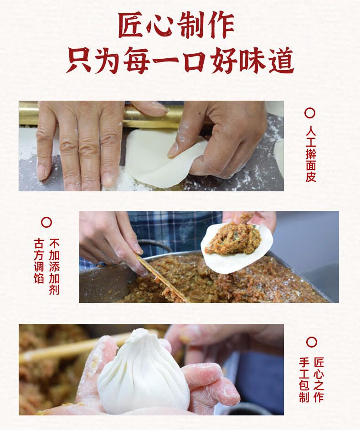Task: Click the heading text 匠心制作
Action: [x=176, y=25]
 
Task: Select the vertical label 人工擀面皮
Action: [x=311, y=154]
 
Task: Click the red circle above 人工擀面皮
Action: [x=310, y=113]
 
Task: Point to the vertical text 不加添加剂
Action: [x=54, y=266]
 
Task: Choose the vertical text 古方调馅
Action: [x=39, y=261]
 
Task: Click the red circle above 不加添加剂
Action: [x=46, y=222]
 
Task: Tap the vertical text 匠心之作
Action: [x=319, y=380]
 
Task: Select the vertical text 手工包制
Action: [x=304, y=380]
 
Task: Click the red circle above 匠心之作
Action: [x=311, y=342]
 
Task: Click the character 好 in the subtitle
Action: [x=224, y=61]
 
